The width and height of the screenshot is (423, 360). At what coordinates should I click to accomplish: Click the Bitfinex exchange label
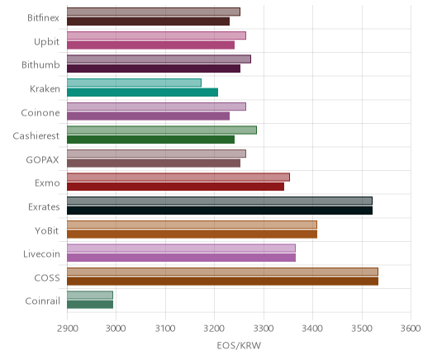pyautogui.click(x=43, y=18)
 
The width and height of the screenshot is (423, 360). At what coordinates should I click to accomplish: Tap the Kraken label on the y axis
pyautogui.click(x=45, y=89)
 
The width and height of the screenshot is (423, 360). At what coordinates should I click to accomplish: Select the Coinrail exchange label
pyautogui.click(x=42, y=301)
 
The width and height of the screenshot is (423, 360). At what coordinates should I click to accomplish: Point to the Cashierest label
pyautogui.click(x=36, y=136)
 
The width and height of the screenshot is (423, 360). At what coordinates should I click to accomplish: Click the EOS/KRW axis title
pyautogui.click(x=239, y=345)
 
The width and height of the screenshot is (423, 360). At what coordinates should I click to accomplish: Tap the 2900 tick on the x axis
pyautogui.click(x=67, y=329)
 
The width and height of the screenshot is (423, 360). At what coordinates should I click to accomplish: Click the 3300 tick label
pyautogui.click(x=264, y=329)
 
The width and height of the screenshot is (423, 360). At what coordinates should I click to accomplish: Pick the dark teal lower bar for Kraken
pyautogui.click(x=142, y=92)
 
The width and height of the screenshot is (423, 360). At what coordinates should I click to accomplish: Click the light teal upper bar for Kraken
pyautogui.click(x=134, y=83)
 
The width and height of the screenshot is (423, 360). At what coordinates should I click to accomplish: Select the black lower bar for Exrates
pyautogui.click(x=220, y=211)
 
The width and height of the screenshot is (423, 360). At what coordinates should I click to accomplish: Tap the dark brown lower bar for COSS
pyautogui.click(x=222, y=282)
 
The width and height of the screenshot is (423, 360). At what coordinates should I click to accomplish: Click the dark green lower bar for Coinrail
pyautogui.click(x=90, y=305)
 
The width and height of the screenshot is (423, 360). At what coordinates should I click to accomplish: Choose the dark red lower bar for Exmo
pyautogui.click(x=175, y=187)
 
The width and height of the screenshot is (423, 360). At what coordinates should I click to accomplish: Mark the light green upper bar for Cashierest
pyautogui.click(x=162, y=130)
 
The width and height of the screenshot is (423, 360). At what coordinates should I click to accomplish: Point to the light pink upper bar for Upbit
pyautogui.click(x=156, y=36)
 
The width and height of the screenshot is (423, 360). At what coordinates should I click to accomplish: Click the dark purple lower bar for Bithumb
pyautogui.click(x=154, y=69)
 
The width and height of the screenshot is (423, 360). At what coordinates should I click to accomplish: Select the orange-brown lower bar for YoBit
pyautogui.click(x=192, y=234)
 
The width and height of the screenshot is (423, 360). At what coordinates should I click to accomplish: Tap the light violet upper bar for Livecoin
pyautogui.click(x=181, y=248)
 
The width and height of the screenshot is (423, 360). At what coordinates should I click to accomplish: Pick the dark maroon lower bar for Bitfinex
pyautogui.click(x=148, y=21)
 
